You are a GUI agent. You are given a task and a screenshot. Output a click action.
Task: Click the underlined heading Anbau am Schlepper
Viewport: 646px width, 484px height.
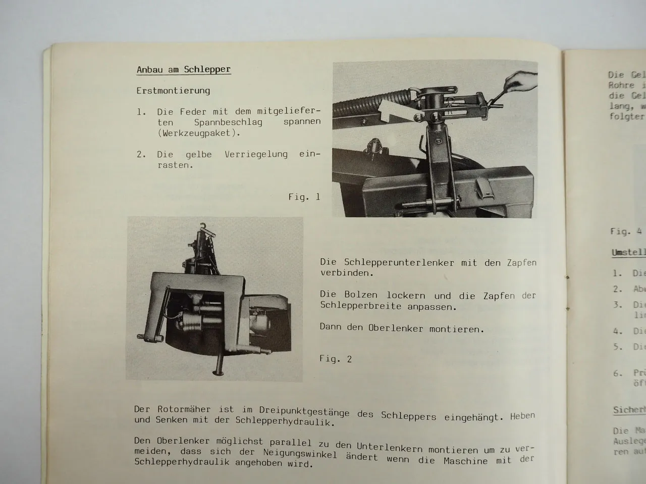tap(183, 70)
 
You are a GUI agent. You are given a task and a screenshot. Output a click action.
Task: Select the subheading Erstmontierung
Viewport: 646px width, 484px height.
tap(173, 91)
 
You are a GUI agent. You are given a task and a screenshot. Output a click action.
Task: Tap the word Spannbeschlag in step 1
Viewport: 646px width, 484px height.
tap(228, 123)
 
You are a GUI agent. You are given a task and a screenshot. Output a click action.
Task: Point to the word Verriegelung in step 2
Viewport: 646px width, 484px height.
tap(256, 154)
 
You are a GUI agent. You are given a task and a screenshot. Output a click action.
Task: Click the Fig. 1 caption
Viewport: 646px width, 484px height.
tap(304, 197)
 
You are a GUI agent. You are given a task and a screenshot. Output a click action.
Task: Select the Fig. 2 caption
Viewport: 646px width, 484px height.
tap(336, 359)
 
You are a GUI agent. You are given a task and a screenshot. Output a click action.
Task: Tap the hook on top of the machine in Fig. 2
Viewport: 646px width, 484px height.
tap(203, 227)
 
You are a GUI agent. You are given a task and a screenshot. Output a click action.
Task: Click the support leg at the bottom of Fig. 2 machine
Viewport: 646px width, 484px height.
tap(221, 360)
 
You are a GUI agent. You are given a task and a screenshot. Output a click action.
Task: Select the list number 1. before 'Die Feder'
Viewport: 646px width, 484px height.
tap(141, 112)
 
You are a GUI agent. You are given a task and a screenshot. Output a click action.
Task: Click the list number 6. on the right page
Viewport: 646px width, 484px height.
tap(618, 373)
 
